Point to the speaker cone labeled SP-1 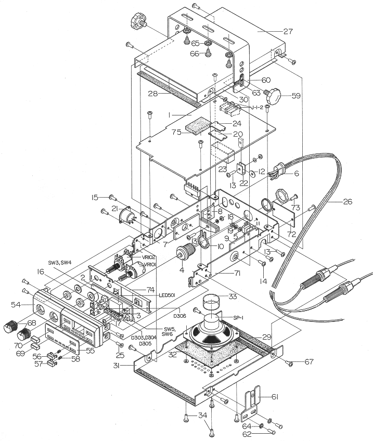[211, 335]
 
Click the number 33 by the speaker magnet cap [245, 296]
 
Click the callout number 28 [152, 94]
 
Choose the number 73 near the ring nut [296, 208]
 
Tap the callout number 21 [115, 209]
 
